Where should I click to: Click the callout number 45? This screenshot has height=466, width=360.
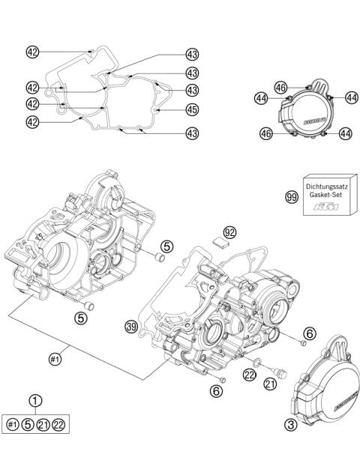[x=192, y=109]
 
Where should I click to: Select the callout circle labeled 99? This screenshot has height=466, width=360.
[x=292, y=197]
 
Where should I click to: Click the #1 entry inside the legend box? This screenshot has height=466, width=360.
[x=12, y=425]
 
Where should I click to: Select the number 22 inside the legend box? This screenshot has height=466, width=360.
[x=58, y=425]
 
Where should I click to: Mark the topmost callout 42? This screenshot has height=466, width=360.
[x=32, y=52]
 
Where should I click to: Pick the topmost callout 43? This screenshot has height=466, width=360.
[x=192, y=54]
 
